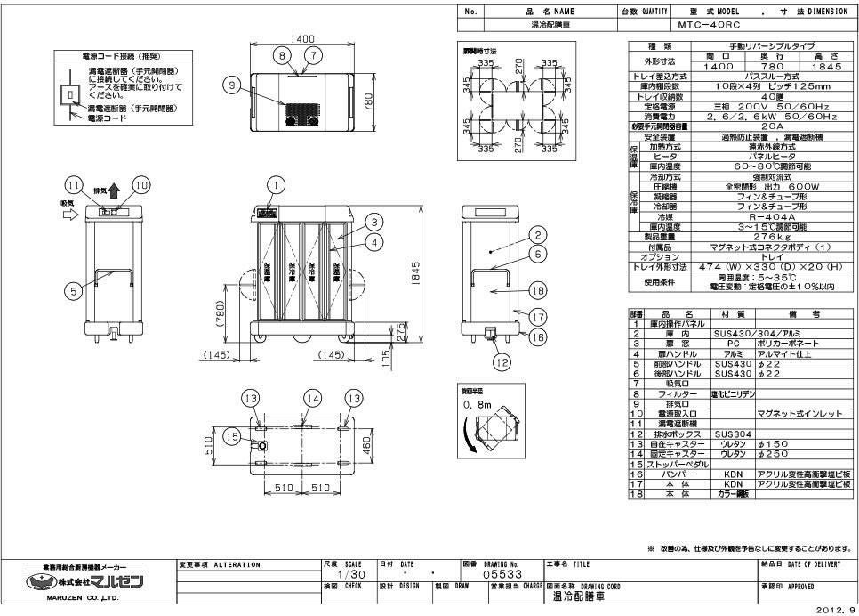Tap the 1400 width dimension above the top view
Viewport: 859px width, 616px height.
(x=303, y=39)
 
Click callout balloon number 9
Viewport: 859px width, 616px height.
(x=232, y=86)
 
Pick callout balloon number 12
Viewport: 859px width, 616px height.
(x=501, y=361)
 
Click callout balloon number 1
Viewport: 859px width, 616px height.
(x=277, y=185)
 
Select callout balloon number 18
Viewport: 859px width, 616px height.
(x=536, y=289)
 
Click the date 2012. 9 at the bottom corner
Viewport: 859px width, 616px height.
(x=837, y=611)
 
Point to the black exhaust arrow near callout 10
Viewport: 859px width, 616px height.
(x=114, y=189)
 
